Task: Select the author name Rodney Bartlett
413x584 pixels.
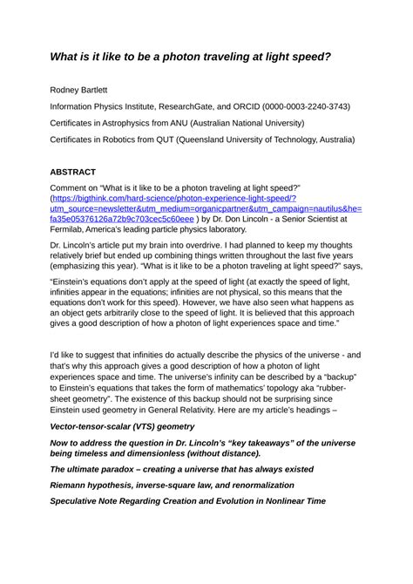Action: tap(84, 90)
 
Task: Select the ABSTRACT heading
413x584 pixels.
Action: tap(72, 173)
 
